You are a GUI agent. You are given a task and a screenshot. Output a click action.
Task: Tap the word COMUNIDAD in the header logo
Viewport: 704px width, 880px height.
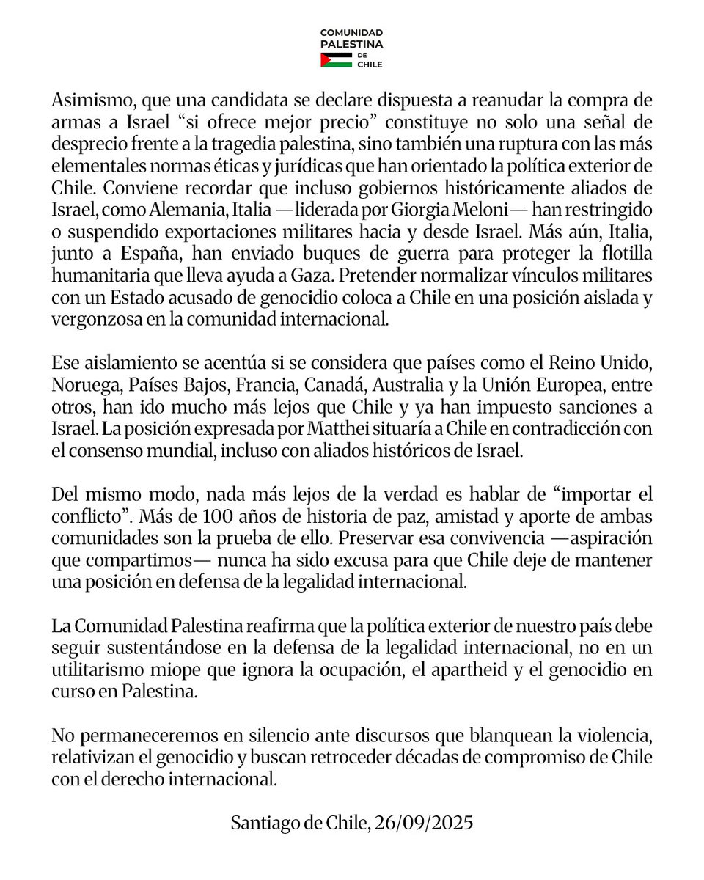point(353,34)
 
